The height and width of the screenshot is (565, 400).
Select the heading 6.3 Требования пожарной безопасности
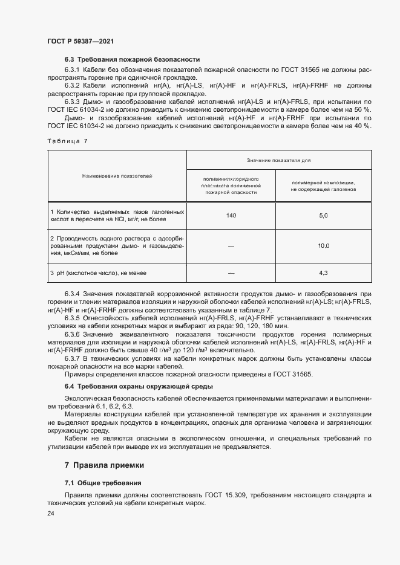pyautogui.click(x=132, y=59)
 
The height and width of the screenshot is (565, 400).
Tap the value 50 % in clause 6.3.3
pyautogui.click(x=362, y=109)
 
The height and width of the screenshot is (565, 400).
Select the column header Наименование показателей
pyautogui.click(x=117, y=175)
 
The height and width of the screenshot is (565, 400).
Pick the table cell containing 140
pyautogui.click(x=231, y=216)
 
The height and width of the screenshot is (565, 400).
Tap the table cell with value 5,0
pyautogui.click(x=323, y=216)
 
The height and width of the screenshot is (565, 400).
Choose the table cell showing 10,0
pyautogui.click(x=323, y=246)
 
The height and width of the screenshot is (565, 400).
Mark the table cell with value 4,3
pyautogui.click(x=323, y=273)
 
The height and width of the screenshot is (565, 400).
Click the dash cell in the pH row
pyautogui.click(x=231, y=273)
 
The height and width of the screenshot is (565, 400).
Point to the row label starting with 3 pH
pyautogui.click(x=98, y=273)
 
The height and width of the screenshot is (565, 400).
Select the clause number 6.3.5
pyautogui.click(x=73, y=317)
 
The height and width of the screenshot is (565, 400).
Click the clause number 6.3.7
pyautogui.click(x=73, y=358)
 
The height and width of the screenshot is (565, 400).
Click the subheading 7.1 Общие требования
pyautogui.click(x=103, y=483)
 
